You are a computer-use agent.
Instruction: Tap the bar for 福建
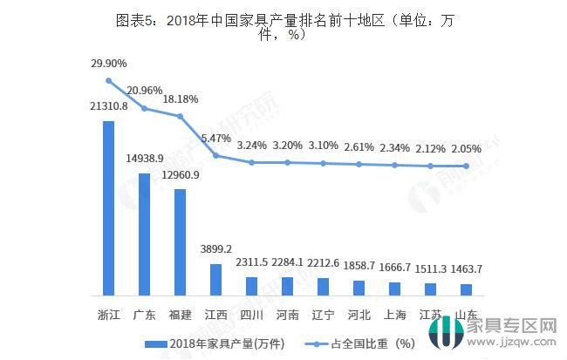click(x=180, y=241)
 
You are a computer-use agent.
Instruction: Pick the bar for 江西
click(x=215, y=279)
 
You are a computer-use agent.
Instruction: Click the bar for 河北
click(x=359, y=288)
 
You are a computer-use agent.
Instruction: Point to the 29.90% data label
click(x=109, y=64)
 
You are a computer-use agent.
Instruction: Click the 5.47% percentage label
click(x=215, y=138)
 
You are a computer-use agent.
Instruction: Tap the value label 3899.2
click(x=215, y=248)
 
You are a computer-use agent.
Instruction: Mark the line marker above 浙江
click(x=109, y=80)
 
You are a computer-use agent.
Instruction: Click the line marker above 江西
click(x=215, y=156)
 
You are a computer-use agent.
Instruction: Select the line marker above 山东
click(x=467, y=166)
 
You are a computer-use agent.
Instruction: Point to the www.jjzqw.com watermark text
click(x=515, y=343)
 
